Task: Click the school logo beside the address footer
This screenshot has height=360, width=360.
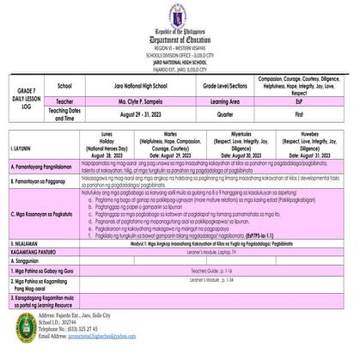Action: pyautogui.click(x=25, y=325)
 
